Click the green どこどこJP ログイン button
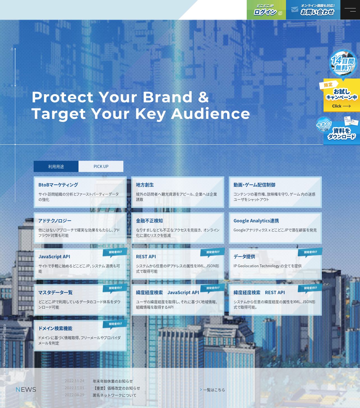(x=266, y=10)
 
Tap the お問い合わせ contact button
(x=313, y=10)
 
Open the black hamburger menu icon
(x=350, y=10)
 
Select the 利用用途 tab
(x=56, y=166)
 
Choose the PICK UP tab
(x=101, y=166)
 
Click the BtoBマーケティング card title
(x=58, y=185)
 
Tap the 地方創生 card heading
(x=145, y=185)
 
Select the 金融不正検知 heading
(x=149, y=220)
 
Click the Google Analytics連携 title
(x=256, y=220)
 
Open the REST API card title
(x=146, y=256)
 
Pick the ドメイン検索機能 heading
(x=55, y=328)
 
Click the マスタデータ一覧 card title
(x=55, y=292)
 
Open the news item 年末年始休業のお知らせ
(x=113, y=381)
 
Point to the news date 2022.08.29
(x=75, y=395)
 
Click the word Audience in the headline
(x=210, y=114)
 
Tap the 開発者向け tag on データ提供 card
(x=310, y=252)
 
